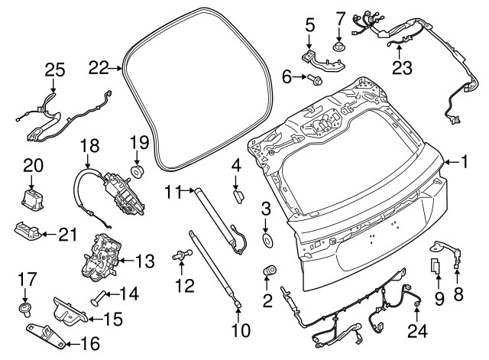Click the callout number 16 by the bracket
90,343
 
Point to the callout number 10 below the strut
241,331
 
